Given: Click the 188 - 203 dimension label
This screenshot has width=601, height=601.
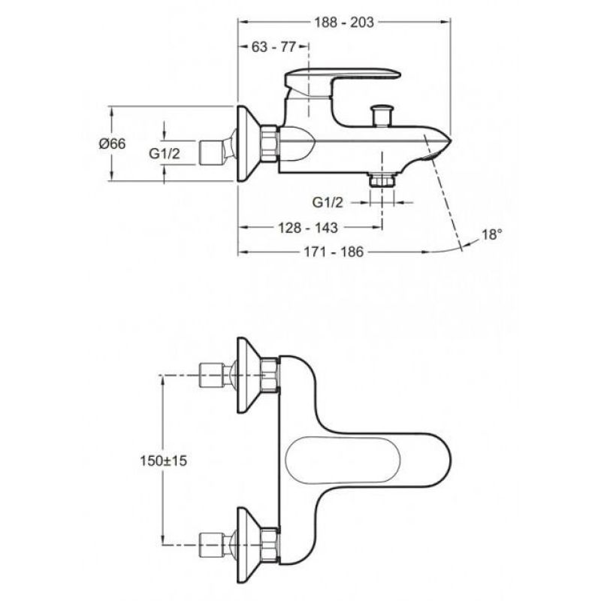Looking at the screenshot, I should click(x=343, y=22).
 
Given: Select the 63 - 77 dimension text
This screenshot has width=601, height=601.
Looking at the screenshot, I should click(x=273, y=47).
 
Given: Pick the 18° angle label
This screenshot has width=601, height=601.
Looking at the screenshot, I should click(x=491, y=234).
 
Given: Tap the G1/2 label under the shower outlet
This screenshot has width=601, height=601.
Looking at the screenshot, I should click(x=328, y=202).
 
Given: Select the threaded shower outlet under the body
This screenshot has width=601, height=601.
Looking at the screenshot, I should click(x=382, y=180).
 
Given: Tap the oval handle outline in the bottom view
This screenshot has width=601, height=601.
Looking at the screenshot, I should click(x=330, y=461).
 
